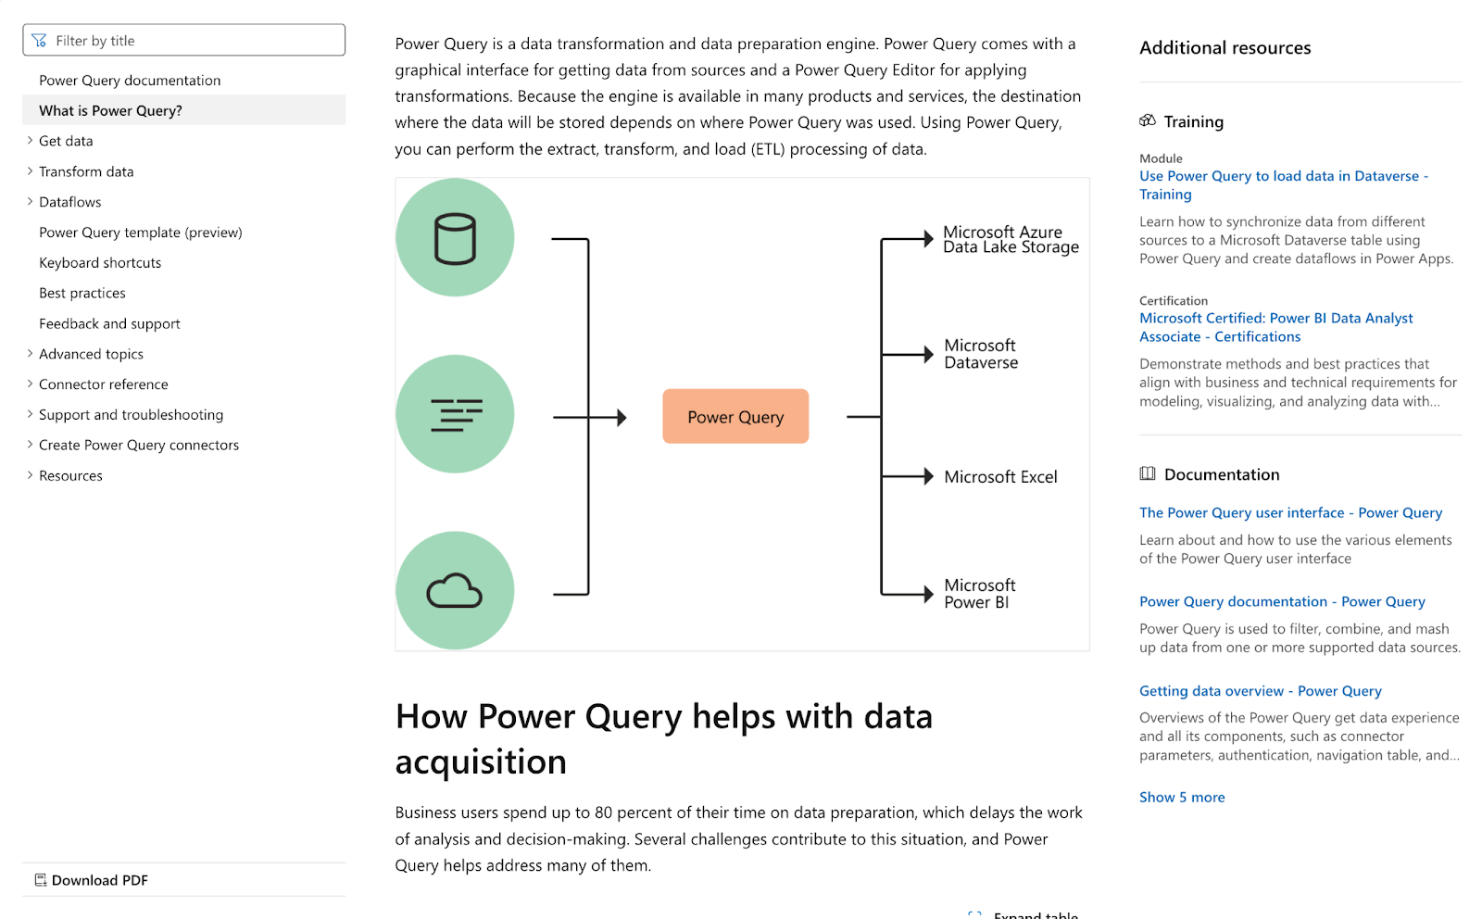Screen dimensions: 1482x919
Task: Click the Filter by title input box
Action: (x=183, y=41)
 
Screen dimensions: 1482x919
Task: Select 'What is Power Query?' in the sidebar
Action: (x=110, y=110)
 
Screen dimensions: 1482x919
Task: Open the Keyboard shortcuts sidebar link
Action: (x=100, y=263)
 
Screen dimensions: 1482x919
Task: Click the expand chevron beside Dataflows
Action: (x=30, y=201)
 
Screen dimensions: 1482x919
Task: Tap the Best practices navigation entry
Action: (x=82, y=293)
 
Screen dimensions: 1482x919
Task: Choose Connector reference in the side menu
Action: (x=103, y=384)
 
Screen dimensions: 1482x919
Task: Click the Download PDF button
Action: (x=92, y=880)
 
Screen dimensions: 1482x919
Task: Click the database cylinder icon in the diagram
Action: (x=455, y=239)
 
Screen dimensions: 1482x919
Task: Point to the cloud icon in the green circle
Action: (x=455, y=590)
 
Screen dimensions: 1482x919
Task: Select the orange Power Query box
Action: (x=735, y=417)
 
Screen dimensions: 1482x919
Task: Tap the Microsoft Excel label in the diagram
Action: (x=1000, y=477)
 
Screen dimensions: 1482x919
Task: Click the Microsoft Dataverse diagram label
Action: (x=981, y=354)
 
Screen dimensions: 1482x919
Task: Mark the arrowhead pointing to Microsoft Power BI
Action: (x=929, y=594)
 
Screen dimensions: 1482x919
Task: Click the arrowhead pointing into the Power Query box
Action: (x=622, y=418)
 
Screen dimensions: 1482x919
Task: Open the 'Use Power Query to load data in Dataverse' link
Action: (x=1284, y=185)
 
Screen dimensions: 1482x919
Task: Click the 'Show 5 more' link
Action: (x=1182, y=798)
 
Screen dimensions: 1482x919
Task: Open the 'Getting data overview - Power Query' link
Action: (x=1261, y=691)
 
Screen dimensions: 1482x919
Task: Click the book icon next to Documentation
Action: (x=1148, y=473)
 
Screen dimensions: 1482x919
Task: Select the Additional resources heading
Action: (x=1225, y=47)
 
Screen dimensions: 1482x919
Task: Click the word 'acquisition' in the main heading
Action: (x=481, y=762)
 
